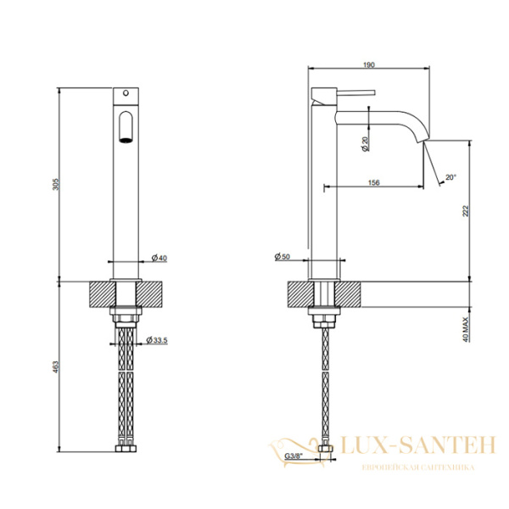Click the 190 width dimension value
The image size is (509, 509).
point(369,65)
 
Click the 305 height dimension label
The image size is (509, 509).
point(56,184)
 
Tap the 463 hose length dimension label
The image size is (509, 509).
point(56,366)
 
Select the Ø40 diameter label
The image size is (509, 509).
point(159,258)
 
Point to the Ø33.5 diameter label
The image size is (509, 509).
point(157,340)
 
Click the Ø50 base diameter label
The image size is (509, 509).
point(282,257)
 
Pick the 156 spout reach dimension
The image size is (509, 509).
point(373,182)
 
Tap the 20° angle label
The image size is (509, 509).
point(451,177)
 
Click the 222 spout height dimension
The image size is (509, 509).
point(466,211)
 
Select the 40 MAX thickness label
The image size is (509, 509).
point(466,330)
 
